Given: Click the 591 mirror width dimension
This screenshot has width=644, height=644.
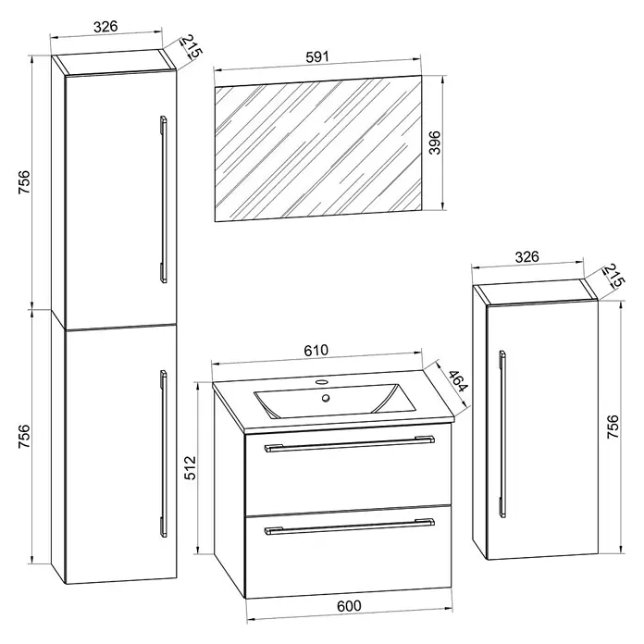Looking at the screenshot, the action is [x=317, y=56].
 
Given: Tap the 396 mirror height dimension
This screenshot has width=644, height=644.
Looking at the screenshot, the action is [x=435, y=142].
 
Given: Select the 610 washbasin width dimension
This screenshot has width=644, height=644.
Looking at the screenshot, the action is [x=316, y=350].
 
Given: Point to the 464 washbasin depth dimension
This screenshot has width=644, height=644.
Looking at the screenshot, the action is [x=457, y=381].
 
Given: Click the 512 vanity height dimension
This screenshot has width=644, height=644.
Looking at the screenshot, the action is [x=191, y=468].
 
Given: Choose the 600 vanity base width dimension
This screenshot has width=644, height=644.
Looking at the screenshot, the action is [x=349, y=606].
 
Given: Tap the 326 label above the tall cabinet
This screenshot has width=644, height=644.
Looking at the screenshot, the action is [x=105, y=26].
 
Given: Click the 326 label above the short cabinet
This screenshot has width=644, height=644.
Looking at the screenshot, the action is [x=526, y=256].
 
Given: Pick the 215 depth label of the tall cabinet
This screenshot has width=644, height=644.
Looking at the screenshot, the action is [x=192, y=47].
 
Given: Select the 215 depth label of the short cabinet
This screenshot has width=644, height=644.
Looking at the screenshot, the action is [x=613, y=276].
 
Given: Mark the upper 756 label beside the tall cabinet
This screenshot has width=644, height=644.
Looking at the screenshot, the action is [x=24, y=182].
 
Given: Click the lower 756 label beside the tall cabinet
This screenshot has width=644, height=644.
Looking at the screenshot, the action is [x=24, y=437].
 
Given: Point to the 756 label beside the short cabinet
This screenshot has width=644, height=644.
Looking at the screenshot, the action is [x=613, y=427].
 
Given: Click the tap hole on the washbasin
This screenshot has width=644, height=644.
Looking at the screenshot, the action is [x=321, y=382].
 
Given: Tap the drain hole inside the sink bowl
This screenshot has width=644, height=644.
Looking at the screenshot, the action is [x=326, y=398].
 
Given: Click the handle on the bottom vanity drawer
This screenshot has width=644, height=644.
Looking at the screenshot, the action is [x=350, y=526].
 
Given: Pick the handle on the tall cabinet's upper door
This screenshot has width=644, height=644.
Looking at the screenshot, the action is [x=164, y=199].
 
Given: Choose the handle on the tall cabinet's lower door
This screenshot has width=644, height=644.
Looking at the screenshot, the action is [x=164, y=453].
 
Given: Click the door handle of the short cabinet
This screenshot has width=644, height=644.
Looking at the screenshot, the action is [x=502, y=434].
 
